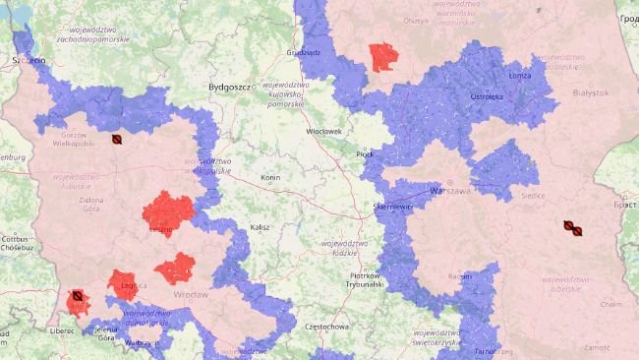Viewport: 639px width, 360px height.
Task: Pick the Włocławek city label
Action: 323,131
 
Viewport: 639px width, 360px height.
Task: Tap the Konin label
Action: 270,178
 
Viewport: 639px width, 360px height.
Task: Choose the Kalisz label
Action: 260,227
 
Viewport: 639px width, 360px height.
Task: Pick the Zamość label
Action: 596,348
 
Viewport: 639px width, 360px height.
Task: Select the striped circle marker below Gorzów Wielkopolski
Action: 117,141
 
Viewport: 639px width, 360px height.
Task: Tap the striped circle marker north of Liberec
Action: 76,295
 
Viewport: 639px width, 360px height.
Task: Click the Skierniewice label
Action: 392,209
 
